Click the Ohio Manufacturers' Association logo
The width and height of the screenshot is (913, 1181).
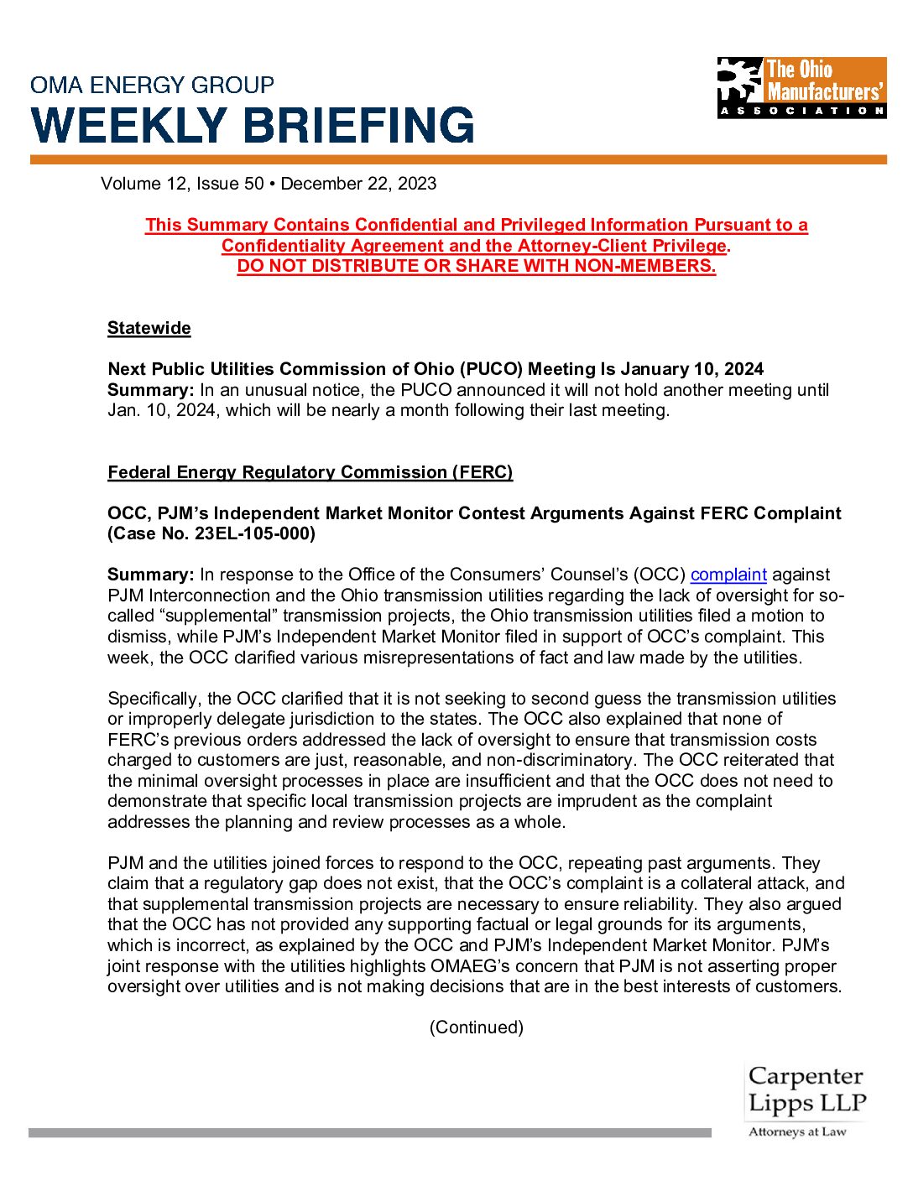(801, 87)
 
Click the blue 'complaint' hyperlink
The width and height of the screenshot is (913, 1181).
(728, 575)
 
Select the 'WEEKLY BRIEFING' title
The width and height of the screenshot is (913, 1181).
(253, 126)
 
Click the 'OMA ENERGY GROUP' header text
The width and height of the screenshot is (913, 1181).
(152, 85)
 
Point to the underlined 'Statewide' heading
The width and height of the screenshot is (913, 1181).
(149, 328)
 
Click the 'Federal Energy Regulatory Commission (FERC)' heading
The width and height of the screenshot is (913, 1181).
(310, 472)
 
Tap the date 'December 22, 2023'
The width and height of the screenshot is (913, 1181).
(358, 184)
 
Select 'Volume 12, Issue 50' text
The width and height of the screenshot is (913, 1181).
(182, 184)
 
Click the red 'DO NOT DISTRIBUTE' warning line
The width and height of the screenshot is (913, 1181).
(476, 266)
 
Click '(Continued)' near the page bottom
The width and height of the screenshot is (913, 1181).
(476, 1028)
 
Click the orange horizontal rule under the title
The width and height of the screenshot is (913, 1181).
(458, 159)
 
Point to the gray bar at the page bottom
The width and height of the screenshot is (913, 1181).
(369, 1133)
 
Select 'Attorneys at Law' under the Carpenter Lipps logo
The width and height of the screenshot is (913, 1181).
(797, 1132)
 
